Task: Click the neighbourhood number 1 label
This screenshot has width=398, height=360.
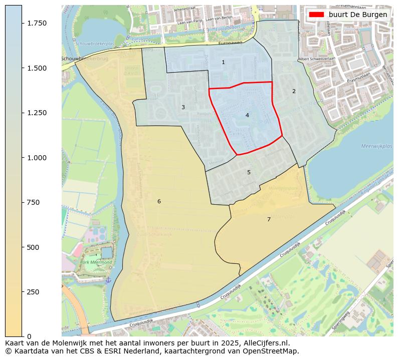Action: click(223, 62)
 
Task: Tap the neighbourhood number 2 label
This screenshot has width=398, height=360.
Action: click(294, 91)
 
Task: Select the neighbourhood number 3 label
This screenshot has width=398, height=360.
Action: click(183, 107)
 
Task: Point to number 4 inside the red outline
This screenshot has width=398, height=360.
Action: click(247, 115)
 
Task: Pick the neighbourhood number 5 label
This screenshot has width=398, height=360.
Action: click(249, 172)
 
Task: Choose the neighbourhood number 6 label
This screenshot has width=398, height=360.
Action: click(159, 201)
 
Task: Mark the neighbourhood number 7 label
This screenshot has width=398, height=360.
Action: click(269, 219)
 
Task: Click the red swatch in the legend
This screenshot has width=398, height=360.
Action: click(317, 15)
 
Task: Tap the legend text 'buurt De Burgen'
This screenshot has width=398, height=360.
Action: click(358, 15)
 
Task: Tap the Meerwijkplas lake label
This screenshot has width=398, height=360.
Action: click(376, 146)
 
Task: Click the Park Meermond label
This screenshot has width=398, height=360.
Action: click(96, 261)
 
